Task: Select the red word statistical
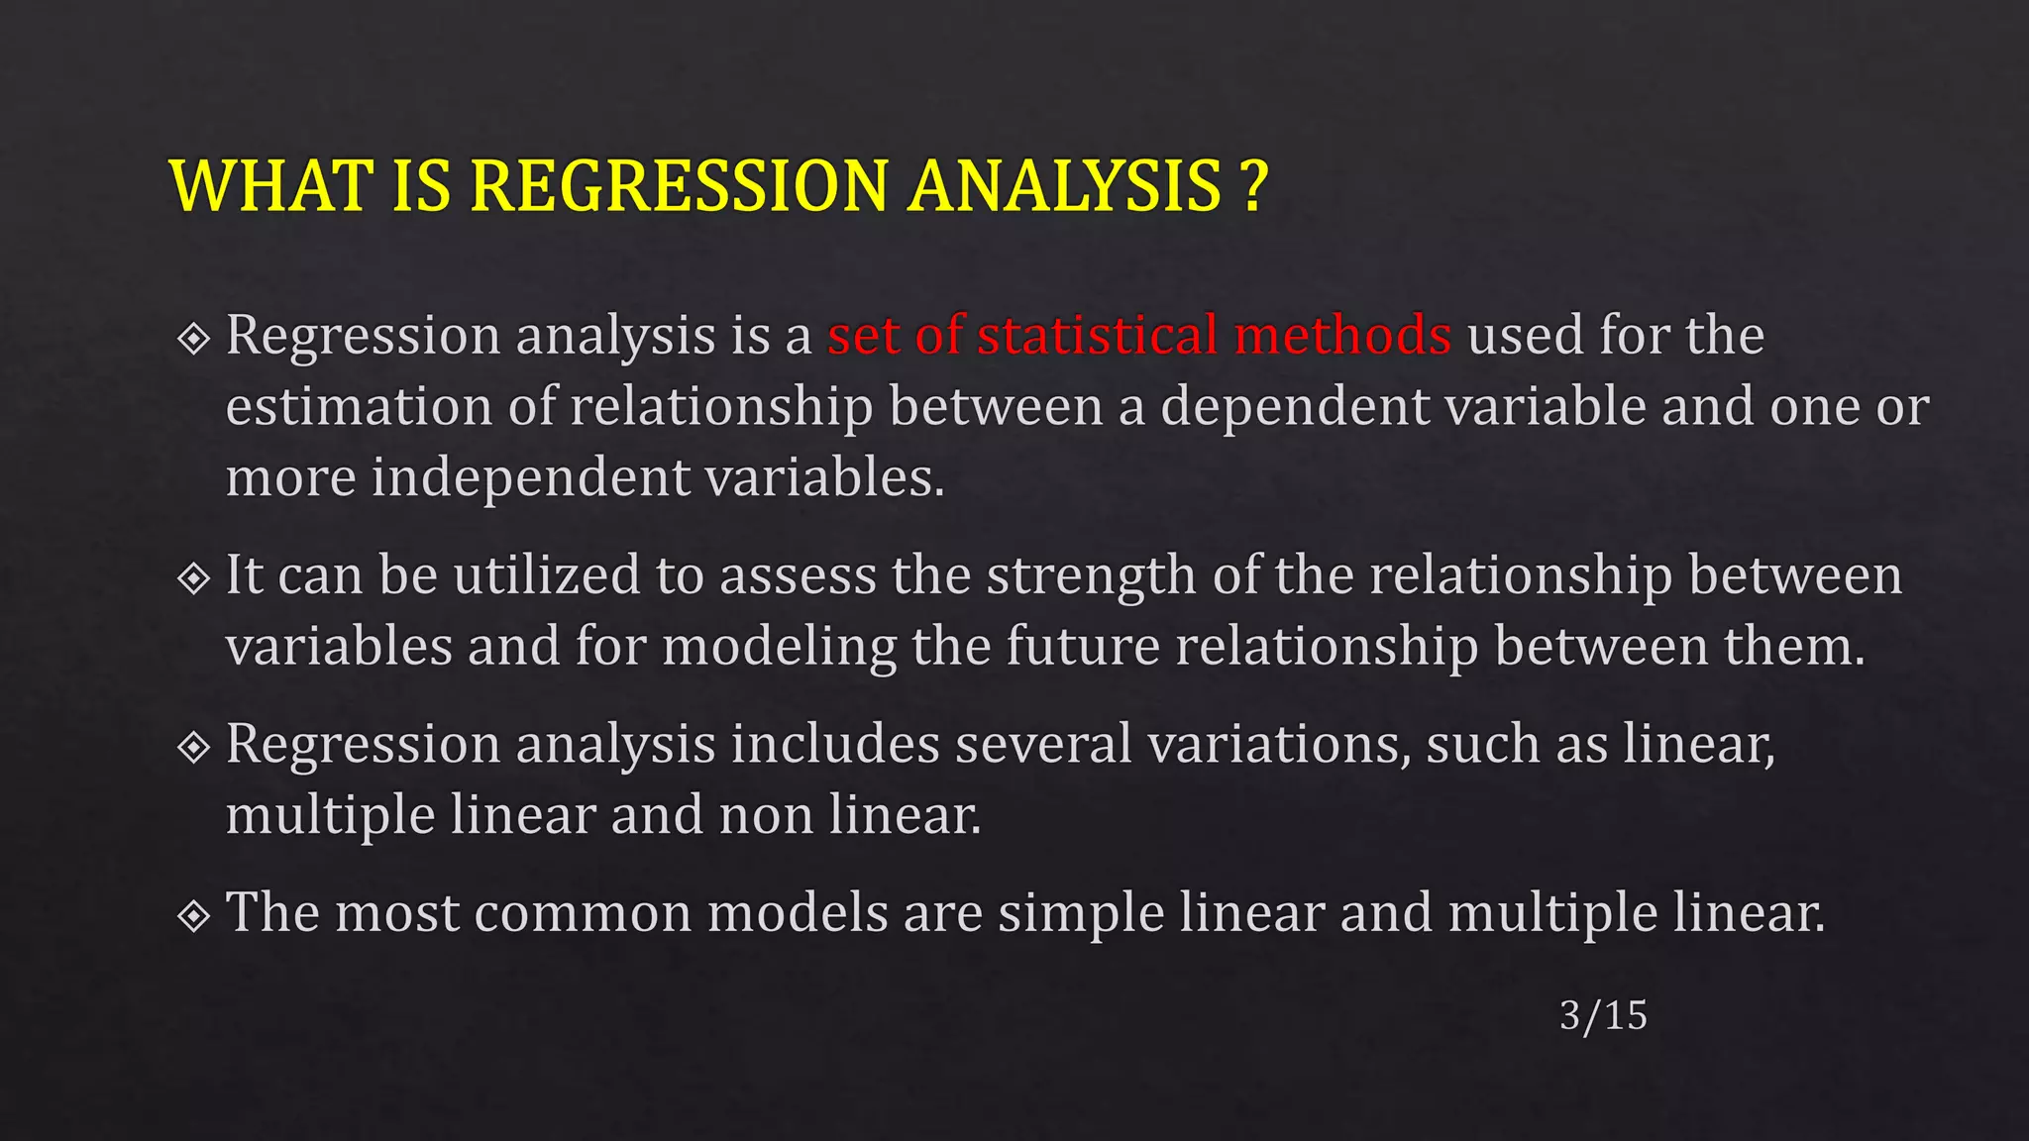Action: [1097, 335]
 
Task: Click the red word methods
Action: [1342, 335]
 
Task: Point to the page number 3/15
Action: [1602, 1015]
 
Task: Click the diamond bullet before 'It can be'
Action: [194, 577]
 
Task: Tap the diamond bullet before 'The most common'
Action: [194, 915]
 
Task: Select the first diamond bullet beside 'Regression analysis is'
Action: [194, 339]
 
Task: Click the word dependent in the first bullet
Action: [1295, 407]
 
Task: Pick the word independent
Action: [530, 478]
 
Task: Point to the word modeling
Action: [779, 648]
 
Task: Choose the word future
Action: [1082, 646]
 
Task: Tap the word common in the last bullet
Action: [584, 913]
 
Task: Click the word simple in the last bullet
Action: [1080, 913]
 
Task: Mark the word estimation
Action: [359, 407]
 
